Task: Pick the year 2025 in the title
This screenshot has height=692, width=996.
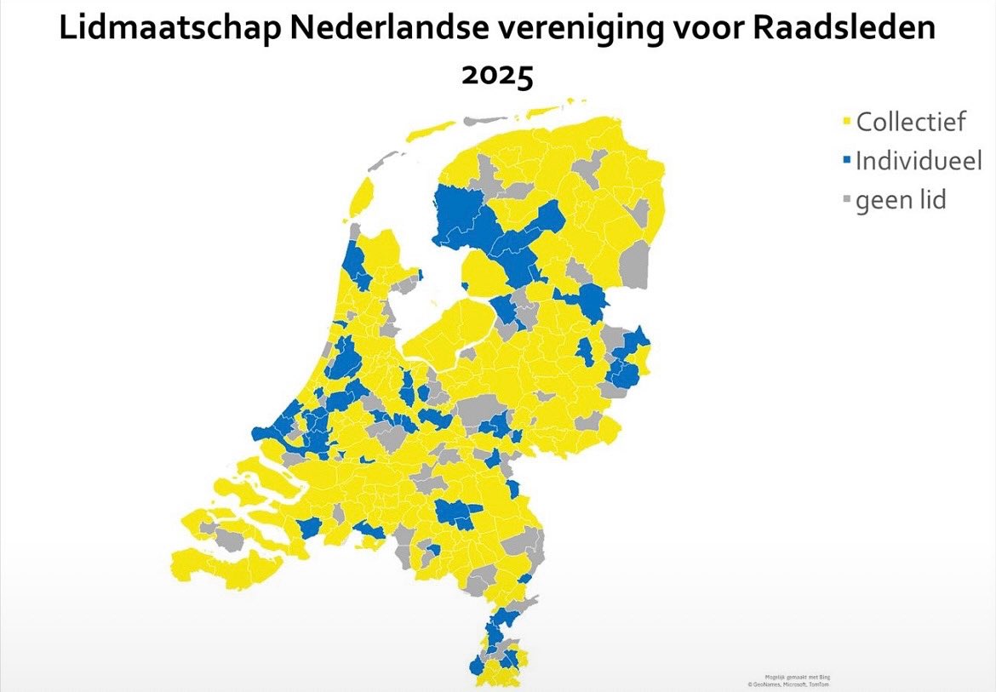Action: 497,75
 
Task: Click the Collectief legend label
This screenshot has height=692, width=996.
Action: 911,122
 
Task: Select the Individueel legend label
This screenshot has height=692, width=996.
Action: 919,161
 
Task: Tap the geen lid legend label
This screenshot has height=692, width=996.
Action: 901,201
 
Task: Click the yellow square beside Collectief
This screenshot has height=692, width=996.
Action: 847,123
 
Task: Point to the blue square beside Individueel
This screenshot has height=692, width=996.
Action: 847,162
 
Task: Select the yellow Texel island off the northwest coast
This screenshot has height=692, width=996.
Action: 360,196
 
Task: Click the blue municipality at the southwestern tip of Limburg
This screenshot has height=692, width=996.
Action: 475,666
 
